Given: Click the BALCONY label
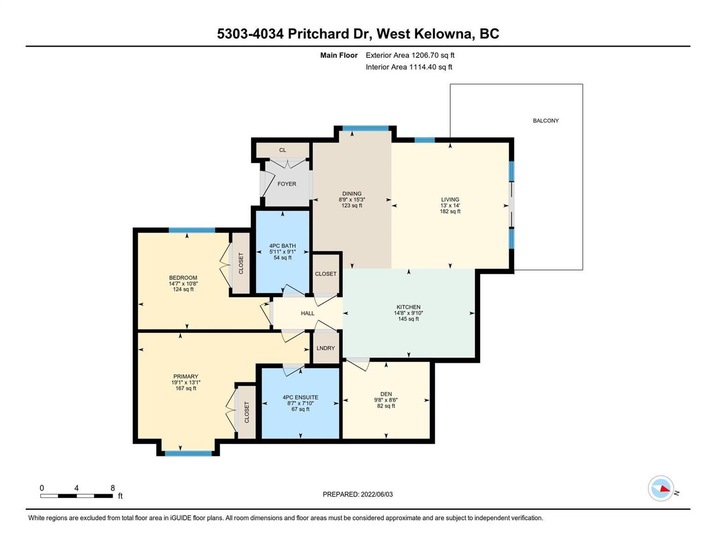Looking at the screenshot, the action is pos(546,121).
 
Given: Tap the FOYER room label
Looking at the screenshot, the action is pos(287,184).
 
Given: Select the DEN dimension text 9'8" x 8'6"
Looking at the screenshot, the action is pos(386,400).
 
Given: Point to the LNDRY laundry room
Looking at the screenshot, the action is pos(325,348).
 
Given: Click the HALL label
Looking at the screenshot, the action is pos(308,313).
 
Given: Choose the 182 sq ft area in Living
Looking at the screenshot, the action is pos(450,211).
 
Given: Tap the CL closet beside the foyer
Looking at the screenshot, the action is pos(283,150).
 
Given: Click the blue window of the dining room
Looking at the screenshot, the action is pos(366,128).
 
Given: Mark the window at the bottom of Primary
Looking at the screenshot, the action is pos(188,453).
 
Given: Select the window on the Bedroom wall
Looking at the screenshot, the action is pos(192,230).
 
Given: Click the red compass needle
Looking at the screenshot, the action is pos(665,488).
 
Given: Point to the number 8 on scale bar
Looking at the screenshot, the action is pos(112,488).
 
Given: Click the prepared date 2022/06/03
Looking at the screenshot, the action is pos(377,494).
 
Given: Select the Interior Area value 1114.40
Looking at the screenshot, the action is pos(423,67).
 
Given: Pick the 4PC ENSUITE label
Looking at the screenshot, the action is pos(300,397).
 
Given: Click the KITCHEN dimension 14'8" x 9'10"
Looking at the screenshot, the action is pos(408,313).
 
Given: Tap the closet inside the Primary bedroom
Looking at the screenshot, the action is pos(247,412).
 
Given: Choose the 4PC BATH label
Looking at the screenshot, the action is pos(282,246).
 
